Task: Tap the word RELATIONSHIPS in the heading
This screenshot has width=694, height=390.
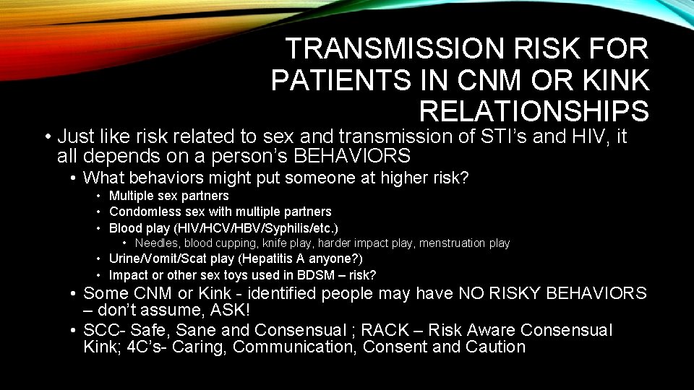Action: click(x=534, y=111)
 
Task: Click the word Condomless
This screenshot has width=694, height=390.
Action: click(x=140, y=212)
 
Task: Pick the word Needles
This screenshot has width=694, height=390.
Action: click(x=157, y=243)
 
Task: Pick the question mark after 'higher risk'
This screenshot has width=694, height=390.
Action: click(x=465, y=178)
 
